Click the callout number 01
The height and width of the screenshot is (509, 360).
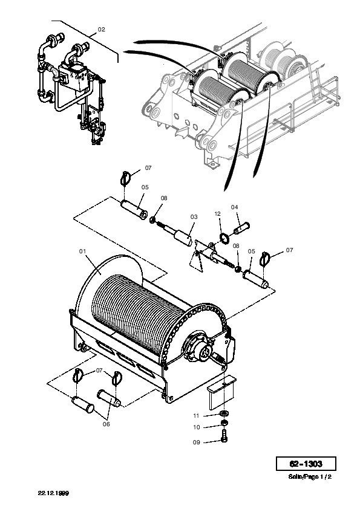click(x=82, y=251)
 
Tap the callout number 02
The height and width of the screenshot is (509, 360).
click(x=102, y=29)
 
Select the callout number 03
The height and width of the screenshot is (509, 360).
click(x=194, y=217)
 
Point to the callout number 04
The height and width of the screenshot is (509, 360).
click(x=235, y=207)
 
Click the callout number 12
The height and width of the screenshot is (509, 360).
click(x=218, y=213)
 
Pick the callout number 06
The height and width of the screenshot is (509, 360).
click(x=106, y=424)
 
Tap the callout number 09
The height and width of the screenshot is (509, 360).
click(x=197, y=442)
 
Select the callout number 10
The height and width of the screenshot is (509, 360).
click(x=197, y=427)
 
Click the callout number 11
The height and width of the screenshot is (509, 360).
click(x=196, y=415)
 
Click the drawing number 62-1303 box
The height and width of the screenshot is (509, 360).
click(x=306, y=464)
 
